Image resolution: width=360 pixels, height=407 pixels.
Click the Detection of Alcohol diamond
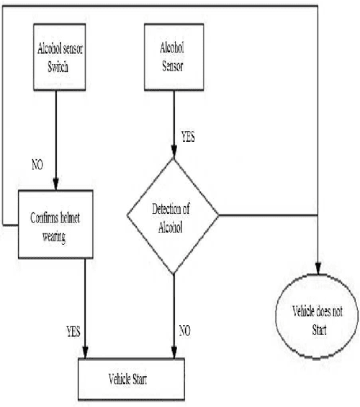[173, 215]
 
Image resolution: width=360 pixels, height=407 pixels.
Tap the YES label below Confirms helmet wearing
[72, 332]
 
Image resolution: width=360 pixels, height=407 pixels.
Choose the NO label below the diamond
[184, 332]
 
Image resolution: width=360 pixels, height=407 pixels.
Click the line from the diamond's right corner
[266, 215]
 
